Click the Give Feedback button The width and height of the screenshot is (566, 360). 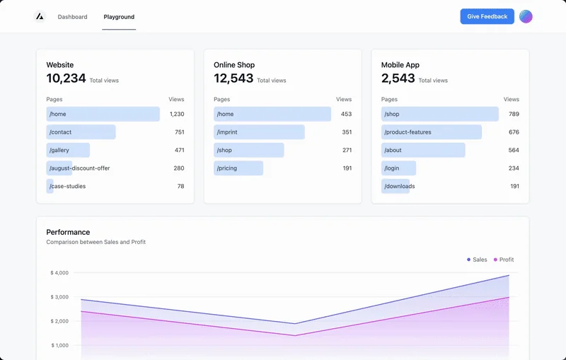(x=487, y=16)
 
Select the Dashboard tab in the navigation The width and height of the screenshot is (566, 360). (x=73, y=17)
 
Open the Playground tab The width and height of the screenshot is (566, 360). (x=119, y=17)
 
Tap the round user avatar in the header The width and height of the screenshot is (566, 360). (x=526, y=16)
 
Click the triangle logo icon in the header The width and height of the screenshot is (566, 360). (x=40, y=16)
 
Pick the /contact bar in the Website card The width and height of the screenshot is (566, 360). (x=81, y=132)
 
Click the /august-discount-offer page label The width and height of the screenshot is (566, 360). (x=79, y=168)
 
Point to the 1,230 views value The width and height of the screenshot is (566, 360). (x=177, y=114)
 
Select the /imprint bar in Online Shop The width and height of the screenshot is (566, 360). (x=259, y=132)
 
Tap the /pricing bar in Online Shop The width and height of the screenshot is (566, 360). (x=238, y=168)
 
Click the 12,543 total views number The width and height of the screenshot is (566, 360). (x=233, y=79)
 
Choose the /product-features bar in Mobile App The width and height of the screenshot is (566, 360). (x=431, y=132)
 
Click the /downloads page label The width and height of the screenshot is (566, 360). (x=400, y=187)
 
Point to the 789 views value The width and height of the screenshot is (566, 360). (x=514, y=114)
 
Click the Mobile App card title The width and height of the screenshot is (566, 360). (x=400, y=65)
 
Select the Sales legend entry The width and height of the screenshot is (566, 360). (x=478, y=260)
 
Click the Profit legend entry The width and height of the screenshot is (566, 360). (x=504, y=260)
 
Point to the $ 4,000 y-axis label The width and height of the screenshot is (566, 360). (x=59, y=273)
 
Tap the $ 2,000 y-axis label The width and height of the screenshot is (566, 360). (x=59, y=321)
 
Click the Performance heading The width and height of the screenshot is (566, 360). (x=68, y=232)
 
